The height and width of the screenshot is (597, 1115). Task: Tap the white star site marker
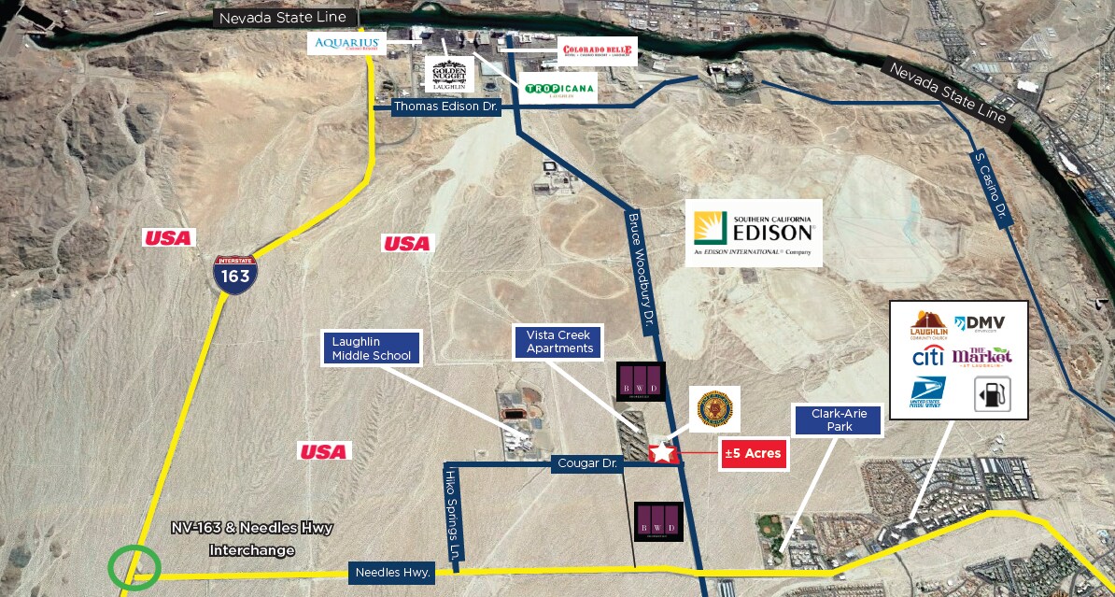pos(661,453)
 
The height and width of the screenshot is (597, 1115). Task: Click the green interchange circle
pos(134,567)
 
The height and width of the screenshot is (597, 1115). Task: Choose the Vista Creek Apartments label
pos(559,341)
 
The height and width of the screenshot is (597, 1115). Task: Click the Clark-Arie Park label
pos(838,419)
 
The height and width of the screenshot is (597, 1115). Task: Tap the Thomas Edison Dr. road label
pos(447,107)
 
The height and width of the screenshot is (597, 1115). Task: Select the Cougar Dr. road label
pos(587,462)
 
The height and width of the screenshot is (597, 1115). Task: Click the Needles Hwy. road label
pos(392,572)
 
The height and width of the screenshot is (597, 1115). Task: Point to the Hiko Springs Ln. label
pos(455,515)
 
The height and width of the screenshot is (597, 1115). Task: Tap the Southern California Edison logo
pos(754,233)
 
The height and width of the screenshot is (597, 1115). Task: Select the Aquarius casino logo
pos(346,43)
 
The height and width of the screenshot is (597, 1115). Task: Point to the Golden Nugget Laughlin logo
pos(449,74)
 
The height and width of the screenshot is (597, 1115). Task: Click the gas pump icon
pos(986,394)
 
